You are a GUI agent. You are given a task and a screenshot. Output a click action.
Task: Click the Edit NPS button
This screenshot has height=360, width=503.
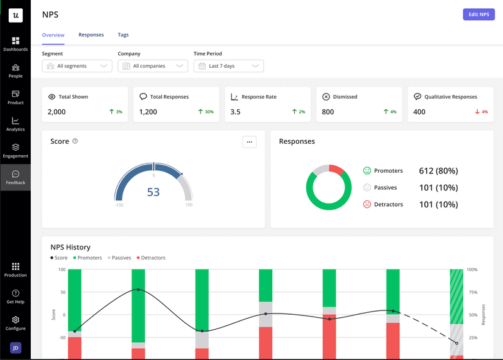tap(478, 14)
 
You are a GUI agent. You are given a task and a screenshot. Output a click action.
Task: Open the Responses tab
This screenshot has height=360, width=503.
tap(91, 35)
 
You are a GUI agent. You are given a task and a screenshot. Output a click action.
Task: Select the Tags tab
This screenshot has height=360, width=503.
tap(123, 35)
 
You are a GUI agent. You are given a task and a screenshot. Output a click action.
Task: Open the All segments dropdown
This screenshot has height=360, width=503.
tap(77, 66)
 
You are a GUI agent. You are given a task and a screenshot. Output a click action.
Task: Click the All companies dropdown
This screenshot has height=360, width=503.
tap(153, 66)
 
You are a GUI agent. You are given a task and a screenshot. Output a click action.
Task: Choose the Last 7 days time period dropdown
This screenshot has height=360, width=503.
tap(228, 66)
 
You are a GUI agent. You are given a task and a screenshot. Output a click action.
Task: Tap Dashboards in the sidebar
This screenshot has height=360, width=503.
tap(16, 44)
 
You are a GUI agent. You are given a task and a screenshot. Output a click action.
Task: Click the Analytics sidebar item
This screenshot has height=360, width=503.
tap(16, 124)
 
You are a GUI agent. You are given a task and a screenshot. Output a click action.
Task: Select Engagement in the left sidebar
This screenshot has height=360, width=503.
tap(16, 150)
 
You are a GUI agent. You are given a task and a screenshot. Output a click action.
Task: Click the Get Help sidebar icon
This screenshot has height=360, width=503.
tap(16, 297)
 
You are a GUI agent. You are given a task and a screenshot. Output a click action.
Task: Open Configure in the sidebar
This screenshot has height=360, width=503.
tap(16, 323)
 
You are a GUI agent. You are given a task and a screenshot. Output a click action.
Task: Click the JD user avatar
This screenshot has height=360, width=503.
tap(16, 348)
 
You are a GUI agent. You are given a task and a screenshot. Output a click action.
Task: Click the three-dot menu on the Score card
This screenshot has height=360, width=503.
tap(250, 142)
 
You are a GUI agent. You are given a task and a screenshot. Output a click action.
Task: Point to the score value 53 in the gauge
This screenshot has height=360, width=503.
tap(153, 192)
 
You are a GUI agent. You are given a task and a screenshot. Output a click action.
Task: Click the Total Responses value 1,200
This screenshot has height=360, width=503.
tap(148, 112)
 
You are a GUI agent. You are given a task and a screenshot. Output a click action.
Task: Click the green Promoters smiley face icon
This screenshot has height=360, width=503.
tap(367, 171)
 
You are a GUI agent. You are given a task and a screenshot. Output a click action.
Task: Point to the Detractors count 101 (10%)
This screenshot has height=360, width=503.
tap(438, 204)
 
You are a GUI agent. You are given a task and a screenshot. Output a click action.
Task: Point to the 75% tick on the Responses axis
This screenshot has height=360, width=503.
tap(472, 292)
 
